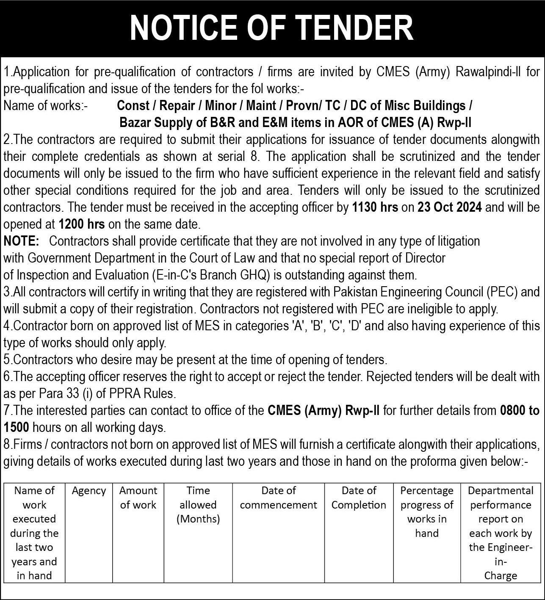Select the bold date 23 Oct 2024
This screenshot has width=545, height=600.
coord(449,207)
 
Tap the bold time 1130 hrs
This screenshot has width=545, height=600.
coord(375,207)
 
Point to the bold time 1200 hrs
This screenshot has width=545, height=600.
coord(82,224)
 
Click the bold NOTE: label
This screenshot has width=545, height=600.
coord(21,241)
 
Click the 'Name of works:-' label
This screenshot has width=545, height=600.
coord(45,105)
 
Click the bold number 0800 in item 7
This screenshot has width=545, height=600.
coord(514,410)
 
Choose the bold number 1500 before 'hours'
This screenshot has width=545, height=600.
coord(16,427)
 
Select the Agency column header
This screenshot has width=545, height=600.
coord(89,491)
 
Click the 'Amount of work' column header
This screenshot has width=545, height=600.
coord(138,498)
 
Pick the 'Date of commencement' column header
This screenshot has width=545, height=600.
coord(278,498)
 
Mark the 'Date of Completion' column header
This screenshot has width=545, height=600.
coord(359,498)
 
